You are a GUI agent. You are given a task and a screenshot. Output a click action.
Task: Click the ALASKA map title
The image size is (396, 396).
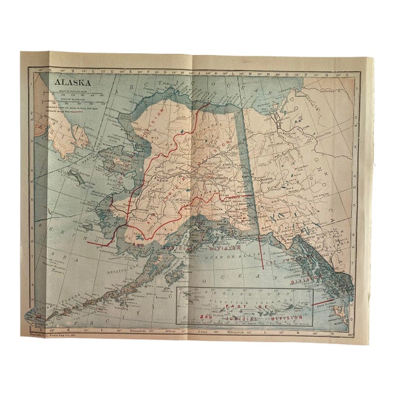point(71,81)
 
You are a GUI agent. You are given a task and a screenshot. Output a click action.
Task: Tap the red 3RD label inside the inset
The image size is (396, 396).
point(206,316)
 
